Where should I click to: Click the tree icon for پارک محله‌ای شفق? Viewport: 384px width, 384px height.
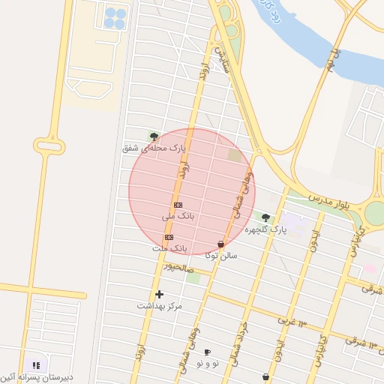[x=154, y=136]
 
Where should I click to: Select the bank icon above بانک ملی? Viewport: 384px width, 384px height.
[x=178, y=205]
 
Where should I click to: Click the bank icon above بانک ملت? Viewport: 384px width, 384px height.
[x=169, y=237]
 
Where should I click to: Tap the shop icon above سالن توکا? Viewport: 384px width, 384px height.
[x=220, y=244]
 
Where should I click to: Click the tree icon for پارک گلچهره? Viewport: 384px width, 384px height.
[x=265, y=217]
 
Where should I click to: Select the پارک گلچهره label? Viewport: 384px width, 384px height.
[x=265, y=229]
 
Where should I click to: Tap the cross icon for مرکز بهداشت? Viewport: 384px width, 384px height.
[x=159, y=294]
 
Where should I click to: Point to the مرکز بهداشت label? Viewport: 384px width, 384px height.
[x=159, y=306]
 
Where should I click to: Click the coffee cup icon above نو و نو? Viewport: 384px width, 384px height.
[x=207, y=352]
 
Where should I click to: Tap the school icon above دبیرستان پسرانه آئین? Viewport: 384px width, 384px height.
[x=36, y=365]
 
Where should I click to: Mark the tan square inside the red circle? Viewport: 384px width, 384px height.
[x=235, y=155]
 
